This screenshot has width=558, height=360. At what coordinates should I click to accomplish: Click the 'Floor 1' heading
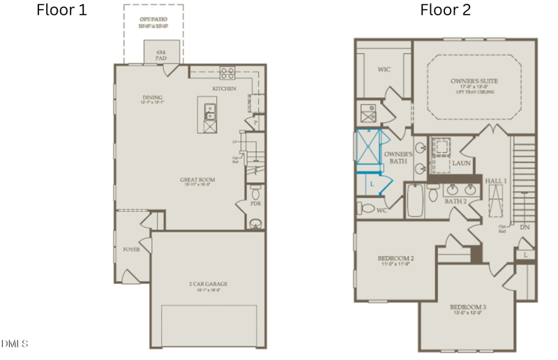point(61,10)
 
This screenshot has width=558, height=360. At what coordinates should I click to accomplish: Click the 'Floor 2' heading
point(445,10)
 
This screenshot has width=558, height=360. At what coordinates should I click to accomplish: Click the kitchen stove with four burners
point(227,71)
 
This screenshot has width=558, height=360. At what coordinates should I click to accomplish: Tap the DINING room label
point(151,98)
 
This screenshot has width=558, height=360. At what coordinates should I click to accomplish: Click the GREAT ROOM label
point(197,179)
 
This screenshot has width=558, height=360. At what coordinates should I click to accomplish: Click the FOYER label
point(131,249)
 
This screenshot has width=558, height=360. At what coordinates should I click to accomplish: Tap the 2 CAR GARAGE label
point(208,284)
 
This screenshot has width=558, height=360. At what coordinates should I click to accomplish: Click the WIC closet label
point(383,70)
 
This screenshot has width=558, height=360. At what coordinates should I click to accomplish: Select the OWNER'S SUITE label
point(474,82)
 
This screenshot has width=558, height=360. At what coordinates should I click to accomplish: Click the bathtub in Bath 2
point(414,202)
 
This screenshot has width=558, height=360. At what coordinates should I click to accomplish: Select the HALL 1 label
point(496,180)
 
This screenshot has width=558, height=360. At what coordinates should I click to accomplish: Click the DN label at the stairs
point(525,226)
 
